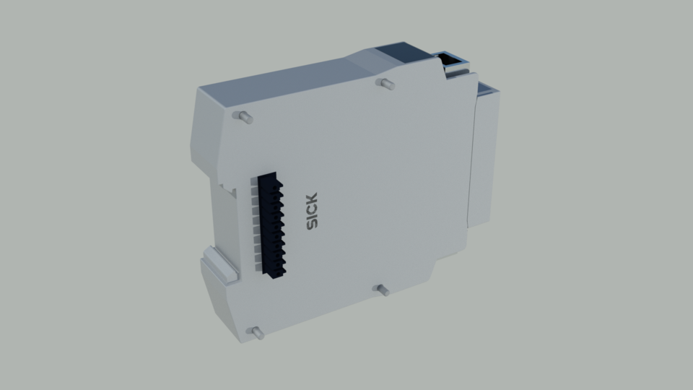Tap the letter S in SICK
pyautogui.click(x=312, y=225)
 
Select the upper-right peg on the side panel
pyautogui.click(x=387, y=84)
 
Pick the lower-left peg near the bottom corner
pyautogui.click(x=256, y=333)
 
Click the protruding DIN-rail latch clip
pyautogui.click(x=219, y=264)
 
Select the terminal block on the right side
pyautogui.click(x=485, y=159)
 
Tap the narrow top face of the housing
pyautogui.click(x=289, y=79)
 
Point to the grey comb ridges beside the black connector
pyautogui.click(x=255, y=224)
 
